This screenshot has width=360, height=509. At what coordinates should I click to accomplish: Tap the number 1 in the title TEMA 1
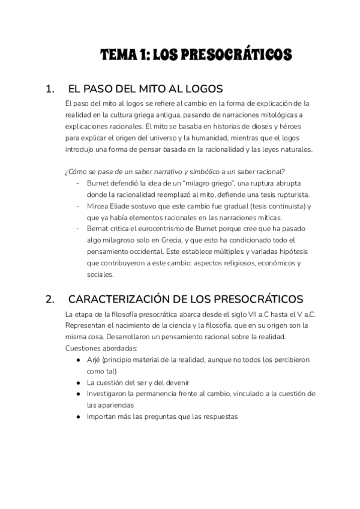pyautogui.click(x=142, y=55)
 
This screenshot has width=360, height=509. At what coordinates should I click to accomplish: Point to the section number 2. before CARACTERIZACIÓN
pyautogui.click(x=50, y=299)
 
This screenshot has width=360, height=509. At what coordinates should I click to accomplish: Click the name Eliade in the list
pyautogui.click(x=125, y=206)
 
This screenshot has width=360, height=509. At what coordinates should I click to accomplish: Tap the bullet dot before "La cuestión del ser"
pyautogui.click(x=79, y=382)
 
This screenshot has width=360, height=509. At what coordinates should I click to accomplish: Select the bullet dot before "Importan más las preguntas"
pyautogui.click(x=79, y=416)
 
